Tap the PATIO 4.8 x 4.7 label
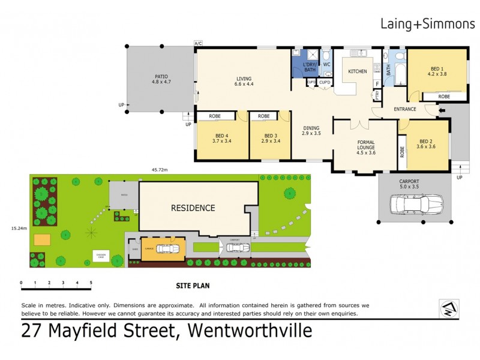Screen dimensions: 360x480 point(161,80)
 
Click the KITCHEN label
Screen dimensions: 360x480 point(358,71)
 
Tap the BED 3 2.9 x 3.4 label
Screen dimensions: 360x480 point(270,139)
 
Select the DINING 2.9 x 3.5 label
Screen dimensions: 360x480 point(311,130)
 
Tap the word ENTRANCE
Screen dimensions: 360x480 point(405,109)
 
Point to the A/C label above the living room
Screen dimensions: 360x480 point(198,44)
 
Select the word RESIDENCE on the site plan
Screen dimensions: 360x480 point(193,208)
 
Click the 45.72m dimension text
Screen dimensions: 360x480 point(159,170)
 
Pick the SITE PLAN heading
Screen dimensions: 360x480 point(193,286)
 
